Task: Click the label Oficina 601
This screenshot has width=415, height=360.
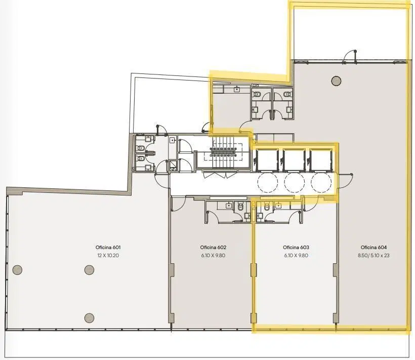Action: (108, 248)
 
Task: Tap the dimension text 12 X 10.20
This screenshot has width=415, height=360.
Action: (108, 255)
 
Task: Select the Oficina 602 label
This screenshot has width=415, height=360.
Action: (213, 248)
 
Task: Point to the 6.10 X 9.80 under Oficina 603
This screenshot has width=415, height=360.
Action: (296, 255)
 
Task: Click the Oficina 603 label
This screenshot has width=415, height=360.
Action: (296, 248)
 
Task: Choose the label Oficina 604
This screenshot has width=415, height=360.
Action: (373, 248)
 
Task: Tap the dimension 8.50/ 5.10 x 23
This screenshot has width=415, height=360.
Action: (373, 255)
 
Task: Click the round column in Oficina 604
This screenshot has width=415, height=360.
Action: (336, 81)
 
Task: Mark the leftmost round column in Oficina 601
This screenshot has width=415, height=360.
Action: (18, 270)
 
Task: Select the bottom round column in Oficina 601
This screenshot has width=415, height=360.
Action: (89, 317)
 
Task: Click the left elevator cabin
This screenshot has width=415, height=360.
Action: (267, 160)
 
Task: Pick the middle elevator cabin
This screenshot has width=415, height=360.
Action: (294, 160)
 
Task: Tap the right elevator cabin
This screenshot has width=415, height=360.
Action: (321, 160)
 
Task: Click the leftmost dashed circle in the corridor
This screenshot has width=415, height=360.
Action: (268, 182)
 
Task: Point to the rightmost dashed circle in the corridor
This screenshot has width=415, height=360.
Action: (321, 182)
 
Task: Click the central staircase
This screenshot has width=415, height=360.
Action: (223, 152)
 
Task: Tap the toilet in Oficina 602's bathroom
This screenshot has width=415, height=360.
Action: (240, 207)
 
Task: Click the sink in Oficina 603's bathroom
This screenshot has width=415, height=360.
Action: (278, 205)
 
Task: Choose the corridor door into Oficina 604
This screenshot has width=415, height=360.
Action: (345, 181)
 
